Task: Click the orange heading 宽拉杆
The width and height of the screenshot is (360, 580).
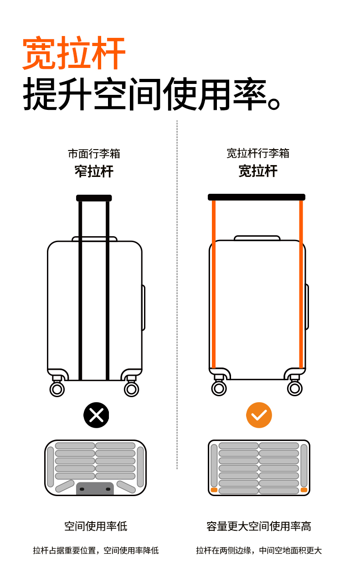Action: pyautogui.click(x=74, y=54)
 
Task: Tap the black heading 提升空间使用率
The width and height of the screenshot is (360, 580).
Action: pyautogui.click(x=150, y=94)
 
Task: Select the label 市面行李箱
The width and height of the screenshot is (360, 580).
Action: pyautogui.click(x=94, y=154)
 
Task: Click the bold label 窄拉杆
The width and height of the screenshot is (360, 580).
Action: pyautogui.click(x=94, y=171)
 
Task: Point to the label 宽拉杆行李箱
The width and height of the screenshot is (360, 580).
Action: pyautogui.click(x=258, y=153)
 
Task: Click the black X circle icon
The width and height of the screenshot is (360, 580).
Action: pyautogui.click(x=96, y=415)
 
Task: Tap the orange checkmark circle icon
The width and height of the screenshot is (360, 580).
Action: pyautogui.click(x=259, y=415)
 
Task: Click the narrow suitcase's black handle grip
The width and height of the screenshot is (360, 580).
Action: pyautogui.click(x=94, y=198)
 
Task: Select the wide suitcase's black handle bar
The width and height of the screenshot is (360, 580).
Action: pyautogui.click(x=257, y=197)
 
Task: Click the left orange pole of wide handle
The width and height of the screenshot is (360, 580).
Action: pyautogui.click(x=213, y=283)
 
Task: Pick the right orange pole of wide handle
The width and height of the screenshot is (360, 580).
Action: pyautogui.click(x=301, y=283)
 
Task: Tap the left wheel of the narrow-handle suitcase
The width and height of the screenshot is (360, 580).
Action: pyautogui.click(x=57, y=389)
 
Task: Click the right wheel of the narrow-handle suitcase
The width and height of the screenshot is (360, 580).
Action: pyautogui.click(x=131, y=389)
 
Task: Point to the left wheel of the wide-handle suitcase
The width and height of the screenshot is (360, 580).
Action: pyautogui.click(x=219, y=388)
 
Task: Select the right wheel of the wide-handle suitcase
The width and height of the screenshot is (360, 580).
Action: pyautogui.click(x=295, y=388)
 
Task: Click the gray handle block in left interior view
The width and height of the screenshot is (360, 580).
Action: pyautogui.click(x=95, y=488)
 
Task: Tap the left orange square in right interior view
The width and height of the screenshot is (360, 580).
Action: pyautogui.click(x=214, y=490)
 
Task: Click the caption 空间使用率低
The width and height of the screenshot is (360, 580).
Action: pyautogui.click(x=96, y=526)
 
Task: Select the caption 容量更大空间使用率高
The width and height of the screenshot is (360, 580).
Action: pyautogui.click(x=258, y=526)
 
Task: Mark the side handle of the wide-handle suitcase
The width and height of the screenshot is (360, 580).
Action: pyautogui.click(x=307, y=306)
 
